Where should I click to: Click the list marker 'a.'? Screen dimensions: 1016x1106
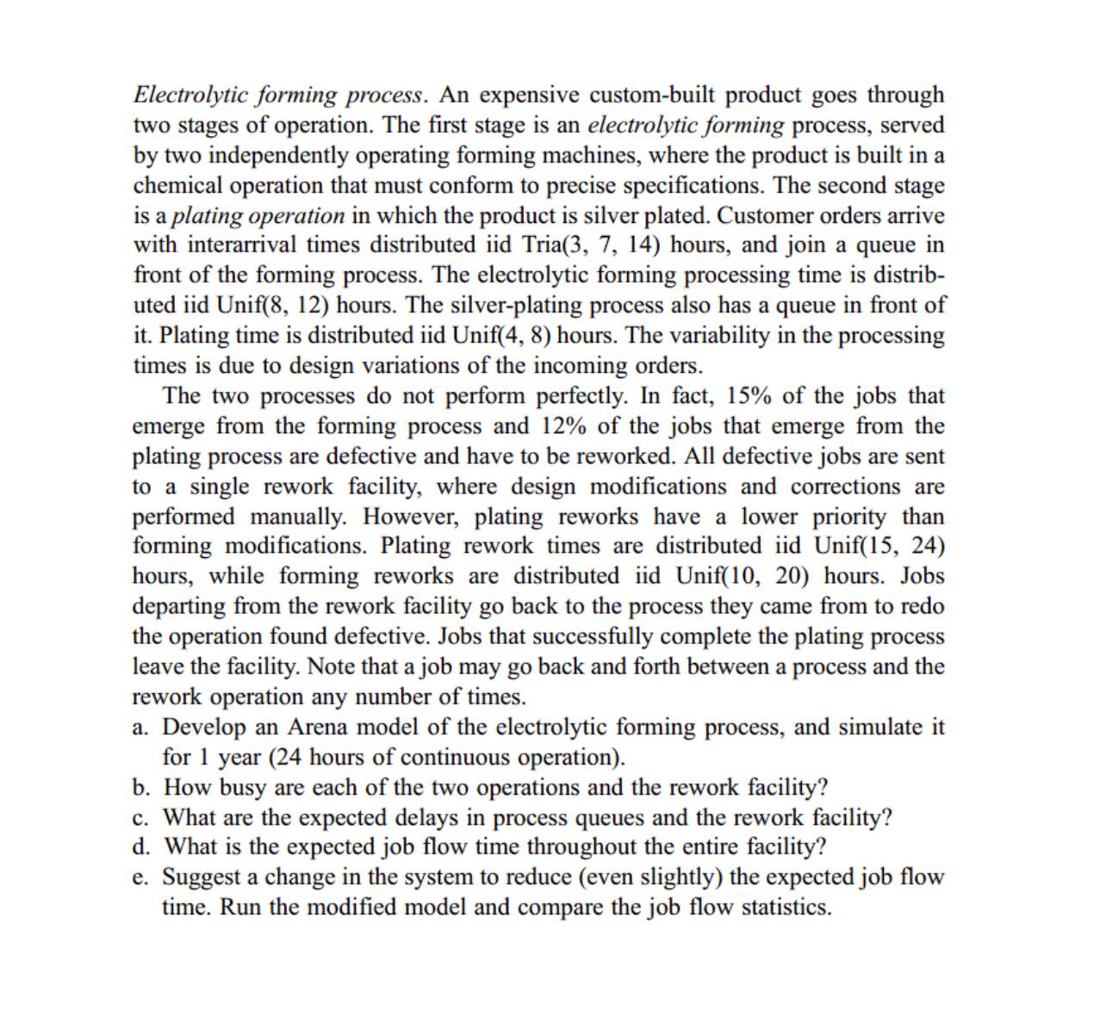point(141,728)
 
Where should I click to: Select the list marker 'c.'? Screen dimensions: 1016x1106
point(141,817)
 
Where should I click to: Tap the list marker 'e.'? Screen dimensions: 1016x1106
point(141,877)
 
